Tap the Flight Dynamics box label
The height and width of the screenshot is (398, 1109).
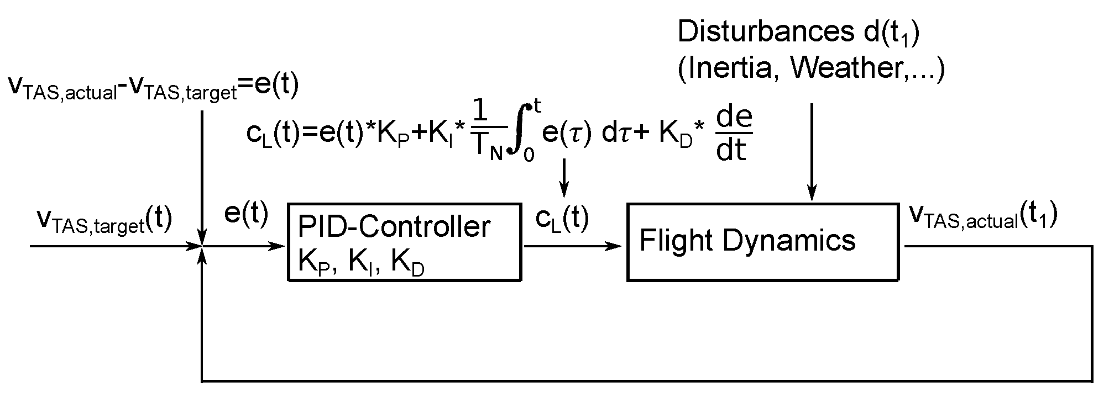point(747,241)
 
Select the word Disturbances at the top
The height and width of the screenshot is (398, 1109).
point(763,32)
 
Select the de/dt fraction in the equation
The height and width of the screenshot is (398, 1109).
point(734,134)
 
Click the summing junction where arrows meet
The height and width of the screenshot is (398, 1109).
point(203,246)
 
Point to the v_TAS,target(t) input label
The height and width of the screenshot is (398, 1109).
point(104,220)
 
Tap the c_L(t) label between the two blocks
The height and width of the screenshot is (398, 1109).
point(562,219)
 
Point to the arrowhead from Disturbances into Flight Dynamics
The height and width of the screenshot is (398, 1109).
point(811,194)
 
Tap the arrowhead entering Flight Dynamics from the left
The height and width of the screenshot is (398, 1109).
point(619,246)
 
